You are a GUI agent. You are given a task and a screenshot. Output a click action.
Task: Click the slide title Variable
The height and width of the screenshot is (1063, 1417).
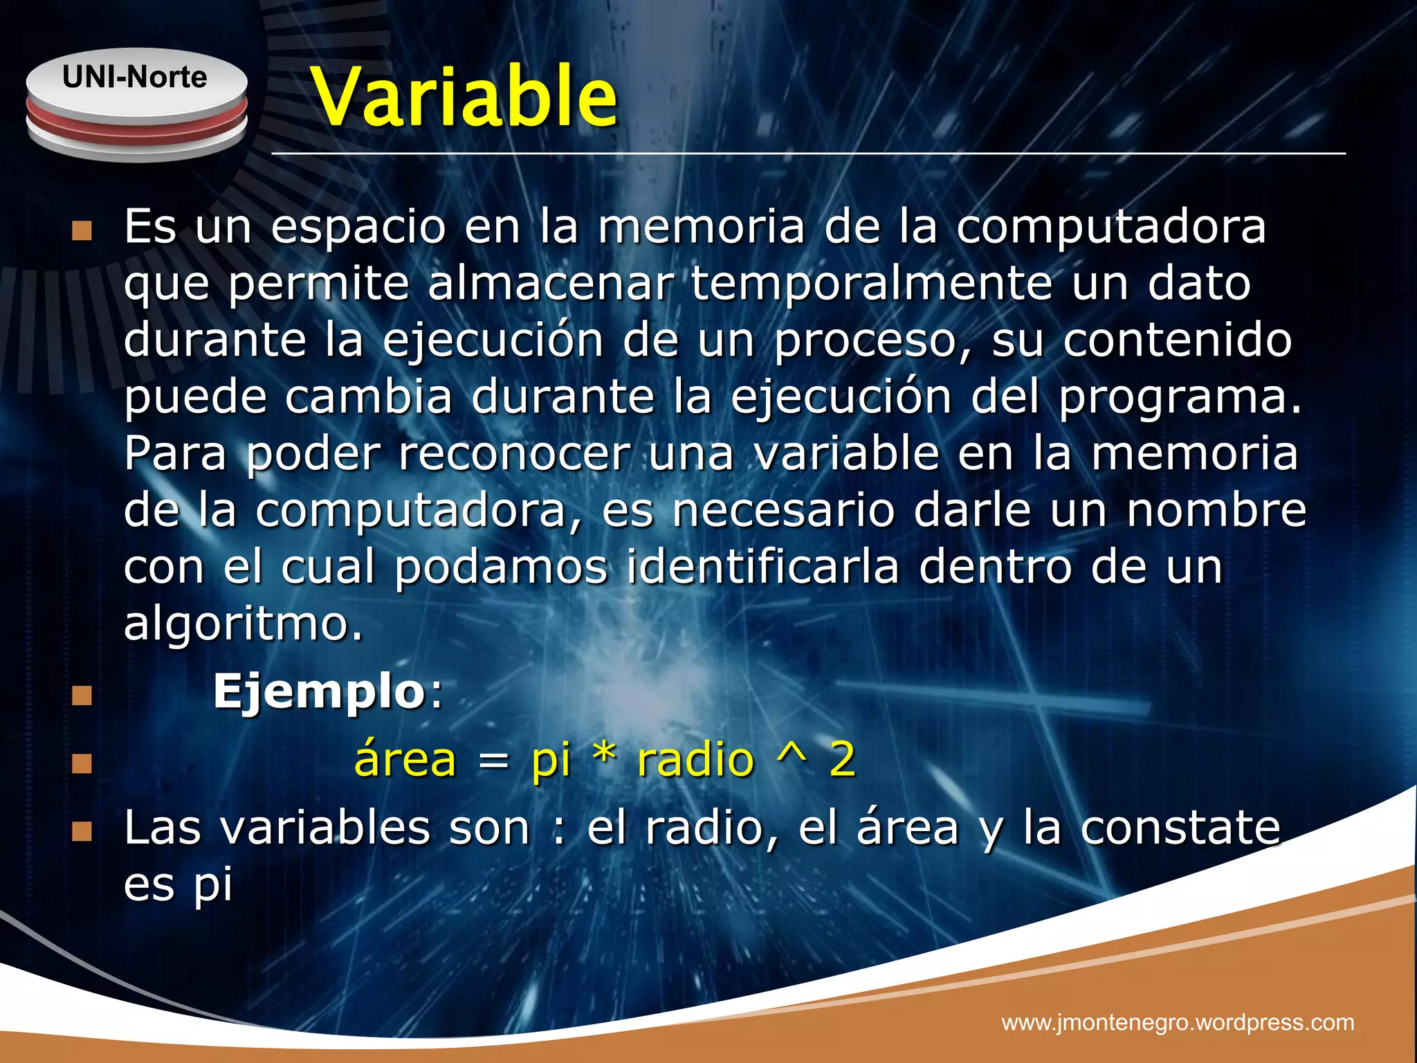[464, 97]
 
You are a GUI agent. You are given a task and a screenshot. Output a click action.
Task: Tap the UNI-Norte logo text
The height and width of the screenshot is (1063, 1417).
[135, 77]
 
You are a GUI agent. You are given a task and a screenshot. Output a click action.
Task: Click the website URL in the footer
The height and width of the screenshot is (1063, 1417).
[1178, 1022]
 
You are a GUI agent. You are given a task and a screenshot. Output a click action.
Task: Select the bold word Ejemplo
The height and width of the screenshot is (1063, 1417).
[318, 691]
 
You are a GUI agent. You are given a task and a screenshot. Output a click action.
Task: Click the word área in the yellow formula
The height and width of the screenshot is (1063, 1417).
[405, 759]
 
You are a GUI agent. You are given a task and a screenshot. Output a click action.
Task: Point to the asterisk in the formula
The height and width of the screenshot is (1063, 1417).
[604, 756]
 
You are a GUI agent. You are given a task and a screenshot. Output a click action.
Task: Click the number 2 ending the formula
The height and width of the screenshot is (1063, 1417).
[842, 759]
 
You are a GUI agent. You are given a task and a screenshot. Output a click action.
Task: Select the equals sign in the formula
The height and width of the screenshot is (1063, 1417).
[494, 762]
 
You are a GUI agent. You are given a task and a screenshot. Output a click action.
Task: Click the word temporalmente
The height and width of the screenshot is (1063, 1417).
[871, 283]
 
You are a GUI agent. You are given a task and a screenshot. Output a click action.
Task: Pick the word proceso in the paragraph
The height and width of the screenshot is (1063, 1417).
[873, 341]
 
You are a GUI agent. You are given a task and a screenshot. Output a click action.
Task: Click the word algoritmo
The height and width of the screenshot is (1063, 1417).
[242, 624]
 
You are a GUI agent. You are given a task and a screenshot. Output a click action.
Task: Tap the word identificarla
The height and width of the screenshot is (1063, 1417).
[762, 566]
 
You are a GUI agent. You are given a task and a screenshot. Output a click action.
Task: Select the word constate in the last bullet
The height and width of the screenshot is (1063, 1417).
[1180, 828]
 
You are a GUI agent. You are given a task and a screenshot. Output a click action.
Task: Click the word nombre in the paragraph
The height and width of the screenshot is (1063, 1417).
[1216, 509]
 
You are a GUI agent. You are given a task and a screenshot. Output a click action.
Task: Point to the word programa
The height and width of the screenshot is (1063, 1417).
[1179, 398]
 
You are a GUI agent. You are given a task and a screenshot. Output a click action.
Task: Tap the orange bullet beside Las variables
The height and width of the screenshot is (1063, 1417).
[82, 831]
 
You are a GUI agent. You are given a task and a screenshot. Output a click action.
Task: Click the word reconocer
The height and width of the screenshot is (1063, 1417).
[514, 453]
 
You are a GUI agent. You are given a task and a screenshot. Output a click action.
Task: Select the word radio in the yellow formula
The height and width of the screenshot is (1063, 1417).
[695, 759]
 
